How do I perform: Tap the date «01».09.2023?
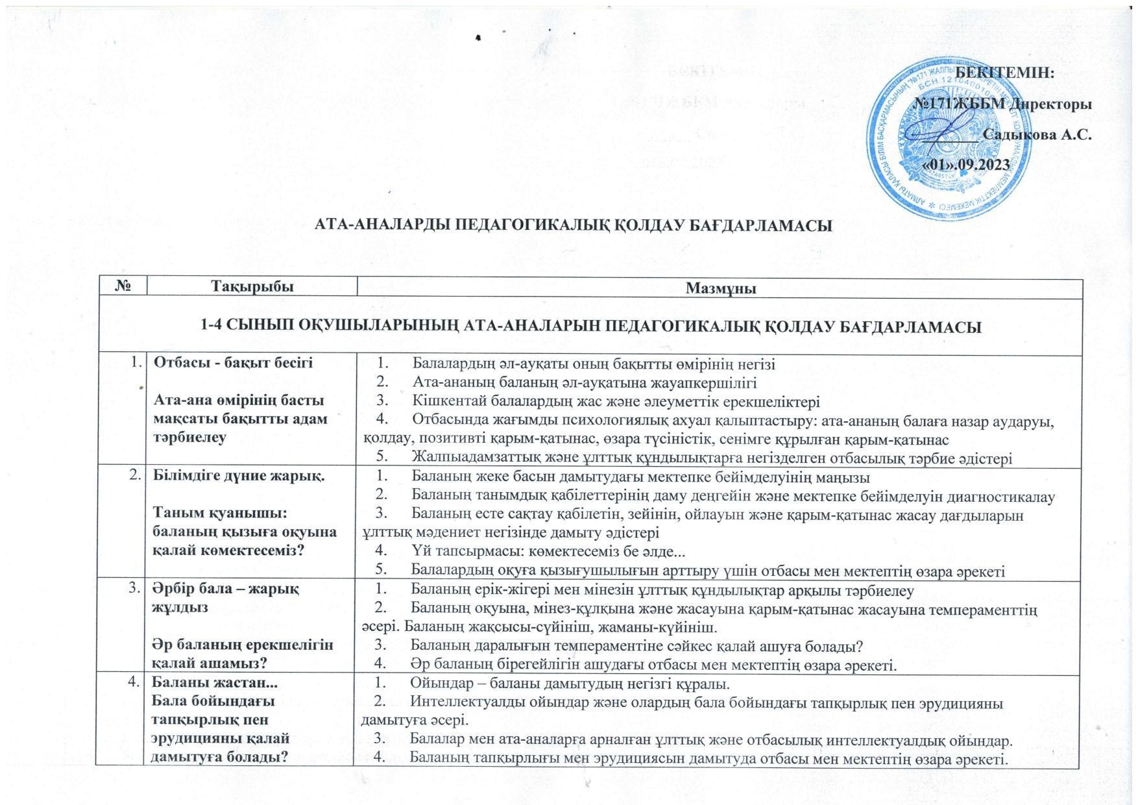click(966, 165)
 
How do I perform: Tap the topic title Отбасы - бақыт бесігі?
click(232, 363)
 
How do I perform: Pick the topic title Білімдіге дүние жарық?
click(238, 476)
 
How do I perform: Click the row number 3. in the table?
click(135, 589)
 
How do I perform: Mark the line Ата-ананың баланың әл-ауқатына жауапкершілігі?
click(584, 382)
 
